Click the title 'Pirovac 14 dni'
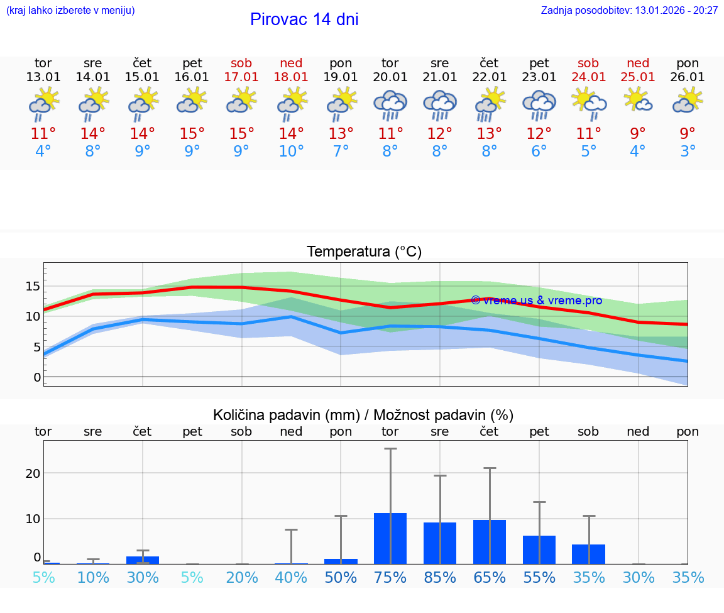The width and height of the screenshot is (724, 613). (304, 19)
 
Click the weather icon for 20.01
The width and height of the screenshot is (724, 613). (390, 105)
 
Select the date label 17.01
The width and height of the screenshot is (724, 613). (241, 77)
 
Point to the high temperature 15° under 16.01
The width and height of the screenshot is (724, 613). (192, 133)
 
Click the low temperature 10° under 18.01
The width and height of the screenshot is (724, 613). (291, 152)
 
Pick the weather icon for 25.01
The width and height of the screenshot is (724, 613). (638, 101)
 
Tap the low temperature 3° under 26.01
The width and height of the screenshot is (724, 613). (688, 152)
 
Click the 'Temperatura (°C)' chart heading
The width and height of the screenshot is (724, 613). (364, 252)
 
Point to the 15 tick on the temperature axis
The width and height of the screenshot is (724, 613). (33, 286)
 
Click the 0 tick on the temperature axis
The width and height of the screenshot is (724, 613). (37, 377)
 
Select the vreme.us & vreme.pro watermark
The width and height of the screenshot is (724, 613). (536, 301)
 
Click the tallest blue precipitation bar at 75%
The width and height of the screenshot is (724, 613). (390, 539)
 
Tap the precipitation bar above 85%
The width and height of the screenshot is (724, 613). (440, 543)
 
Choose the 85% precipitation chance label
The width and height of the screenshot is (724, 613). (440, 578)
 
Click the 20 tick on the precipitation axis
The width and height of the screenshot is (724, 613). (33, 473)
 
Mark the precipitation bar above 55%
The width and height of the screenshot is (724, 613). (539, 549)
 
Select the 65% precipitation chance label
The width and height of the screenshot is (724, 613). (490, 578)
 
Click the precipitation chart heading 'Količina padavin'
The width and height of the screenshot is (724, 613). (363, 415)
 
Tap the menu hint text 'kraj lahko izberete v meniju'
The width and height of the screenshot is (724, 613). (70, 10)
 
